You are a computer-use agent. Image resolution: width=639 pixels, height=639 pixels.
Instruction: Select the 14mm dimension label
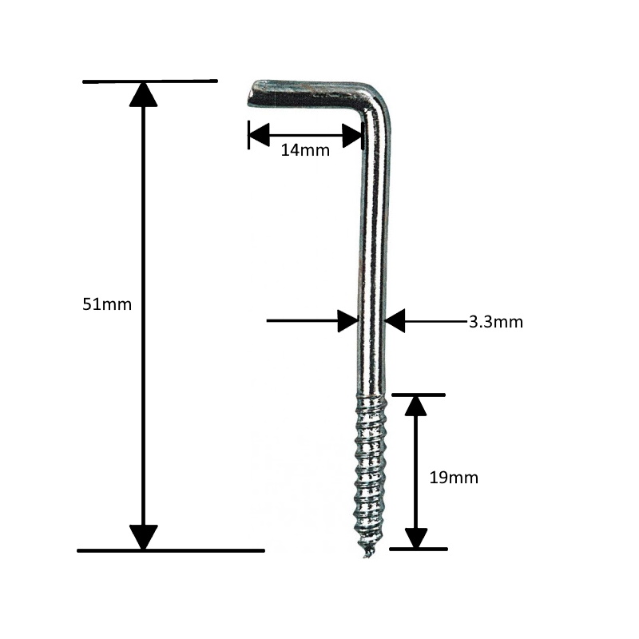tap(305, 149)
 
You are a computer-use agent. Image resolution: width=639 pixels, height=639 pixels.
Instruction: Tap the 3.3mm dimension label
tap(495, 322)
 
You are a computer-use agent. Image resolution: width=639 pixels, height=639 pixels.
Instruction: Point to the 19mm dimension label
tap(454, 478)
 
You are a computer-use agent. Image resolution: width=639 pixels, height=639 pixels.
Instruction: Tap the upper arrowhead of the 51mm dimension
tap(143, 94)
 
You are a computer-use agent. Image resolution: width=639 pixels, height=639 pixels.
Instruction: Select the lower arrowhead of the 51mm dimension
tap(143, 537)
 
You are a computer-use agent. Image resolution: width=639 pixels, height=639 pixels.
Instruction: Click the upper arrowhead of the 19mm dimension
tap(415, 407)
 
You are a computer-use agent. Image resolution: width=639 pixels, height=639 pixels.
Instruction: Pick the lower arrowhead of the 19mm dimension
tap(415, 538)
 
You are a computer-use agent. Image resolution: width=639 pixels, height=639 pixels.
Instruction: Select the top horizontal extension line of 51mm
tap(149, 81)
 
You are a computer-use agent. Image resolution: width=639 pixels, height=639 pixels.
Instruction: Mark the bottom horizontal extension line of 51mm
tap(170, 550)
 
